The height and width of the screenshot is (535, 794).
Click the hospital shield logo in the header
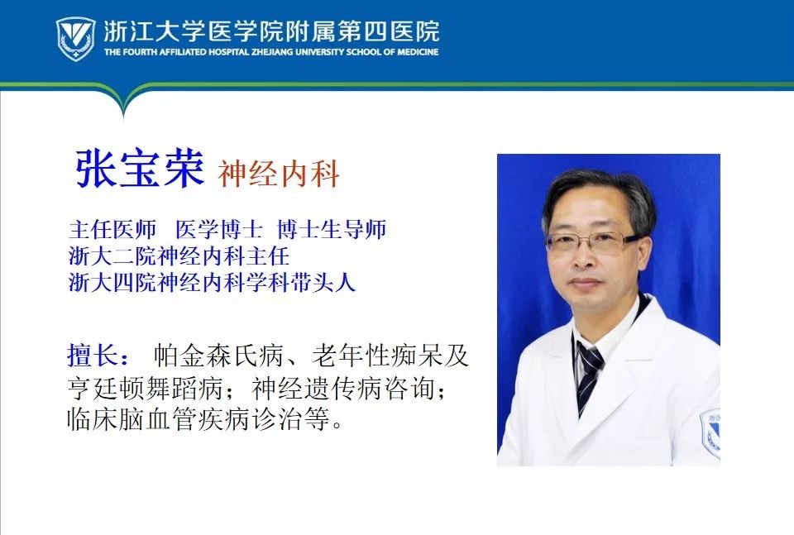[75, 38]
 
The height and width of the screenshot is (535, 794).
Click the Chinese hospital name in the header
[271, 31]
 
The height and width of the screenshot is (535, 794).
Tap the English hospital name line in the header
[271, 52]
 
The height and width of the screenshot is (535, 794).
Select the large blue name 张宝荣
[140, 170]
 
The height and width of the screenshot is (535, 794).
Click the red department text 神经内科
[279, 174]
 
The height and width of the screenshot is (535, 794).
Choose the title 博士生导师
[332, 229]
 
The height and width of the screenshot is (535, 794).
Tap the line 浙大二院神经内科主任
[179, 256]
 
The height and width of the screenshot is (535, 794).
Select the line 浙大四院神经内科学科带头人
[212, 282]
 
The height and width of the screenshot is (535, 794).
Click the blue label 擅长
[98, 356]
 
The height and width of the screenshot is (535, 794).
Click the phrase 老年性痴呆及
[390, 356]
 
